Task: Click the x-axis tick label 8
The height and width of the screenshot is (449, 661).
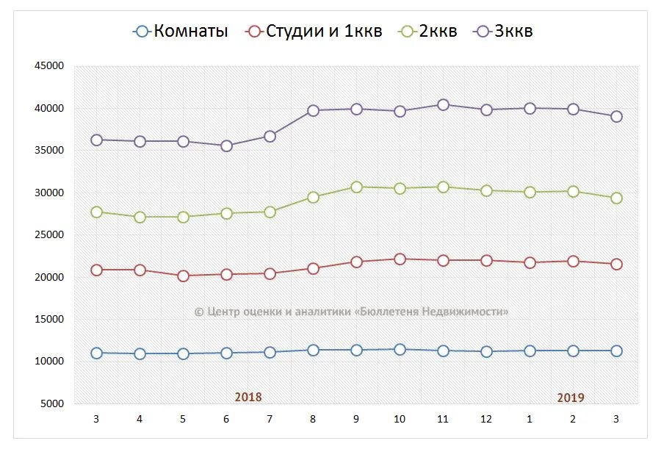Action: click(x=313, y=419)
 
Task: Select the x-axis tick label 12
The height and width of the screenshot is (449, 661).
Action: click(x=486, y=419)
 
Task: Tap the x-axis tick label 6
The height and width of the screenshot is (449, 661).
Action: click(x=226, y=419)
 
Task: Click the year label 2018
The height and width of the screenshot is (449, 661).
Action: click(x=248, y=397)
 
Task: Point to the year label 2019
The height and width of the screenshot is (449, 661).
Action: click(x=571, y=398)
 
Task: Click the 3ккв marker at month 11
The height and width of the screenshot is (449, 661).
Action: click(x=443, y=105)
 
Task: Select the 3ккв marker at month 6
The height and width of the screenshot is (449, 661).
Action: click(x=226, y=146)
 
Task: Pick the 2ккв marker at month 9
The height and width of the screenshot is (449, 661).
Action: click(x=356, y=187)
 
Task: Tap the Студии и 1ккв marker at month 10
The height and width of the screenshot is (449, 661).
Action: click(x=400, y=259)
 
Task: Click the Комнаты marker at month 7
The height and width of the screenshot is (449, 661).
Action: click(x=270, y=352)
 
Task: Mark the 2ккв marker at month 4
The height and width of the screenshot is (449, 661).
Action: click(x=140, y=217)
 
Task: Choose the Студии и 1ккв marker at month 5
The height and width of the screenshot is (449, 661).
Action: click(x=183, y=276)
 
